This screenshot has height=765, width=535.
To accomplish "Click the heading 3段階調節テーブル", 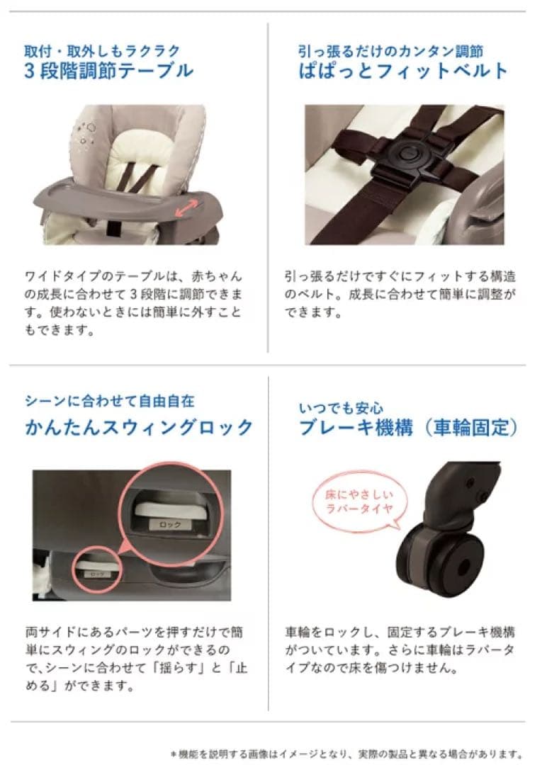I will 108,71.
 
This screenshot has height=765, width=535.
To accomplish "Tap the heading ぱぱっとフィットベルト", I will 402,71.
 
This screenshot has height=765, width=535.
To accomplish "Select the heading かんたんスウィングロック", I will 138,427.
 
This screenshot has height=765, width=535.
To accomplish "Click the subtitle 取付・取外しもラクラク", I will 102,51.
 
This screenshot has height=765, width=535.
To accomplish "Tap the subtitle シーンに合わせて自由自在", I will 109,401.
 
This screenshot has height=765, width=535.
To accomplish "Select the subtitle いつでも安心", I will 341,408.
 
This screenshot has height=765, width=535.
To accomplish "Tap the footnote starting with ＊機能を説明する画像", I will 348,753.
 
